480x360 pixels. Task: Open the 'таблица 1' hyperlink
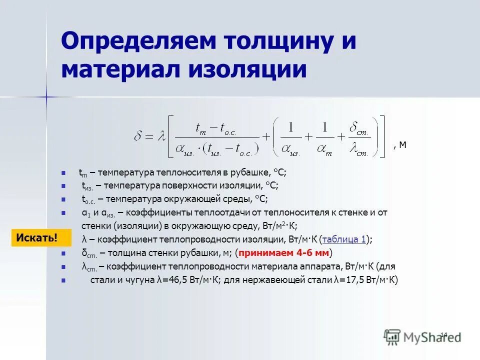344,239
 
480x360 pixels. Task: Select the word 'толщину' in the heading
272,41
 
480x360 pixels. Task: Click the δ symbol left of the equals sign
139,136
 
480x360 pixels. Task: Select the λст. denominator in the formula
359,149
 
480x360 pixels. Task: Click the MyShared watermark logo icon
392,336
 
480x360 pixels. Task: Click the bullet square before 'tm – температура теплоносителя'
63,173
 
